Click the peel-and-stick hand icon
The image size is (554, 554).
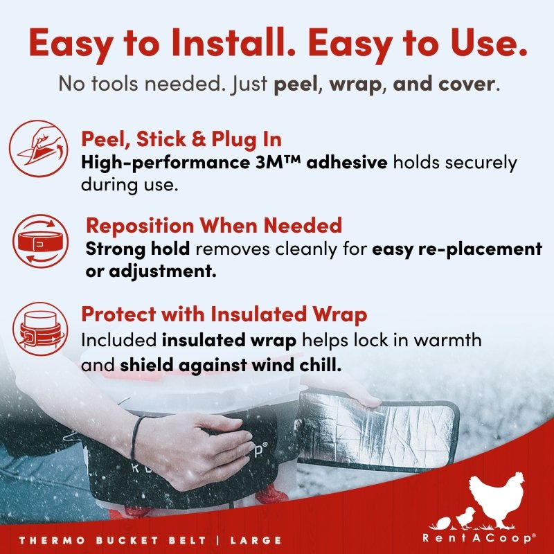[39, 148]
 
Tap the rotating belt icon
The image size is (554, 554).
[41, 241]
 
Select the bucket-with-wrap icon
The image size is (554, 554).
[40, 328]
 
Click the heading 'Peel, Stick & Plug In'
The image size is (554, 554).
[181, 139]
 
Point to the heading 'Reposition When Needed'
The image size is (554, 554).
[214, 225]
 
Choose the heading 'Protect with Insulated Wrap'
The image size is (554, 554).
[224, 314]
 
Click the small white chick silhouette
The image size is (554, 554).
[465, 518]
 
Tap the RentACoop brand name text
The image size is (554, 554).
[479, 538]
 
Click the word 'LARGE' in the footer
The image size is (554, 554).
[256, 540]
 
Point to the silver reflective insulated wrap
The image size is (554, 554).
[377, 431]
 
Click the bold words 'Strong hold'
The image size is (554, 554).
[138, 249]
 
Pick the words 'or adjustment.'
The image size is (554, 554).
[151, 271]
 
